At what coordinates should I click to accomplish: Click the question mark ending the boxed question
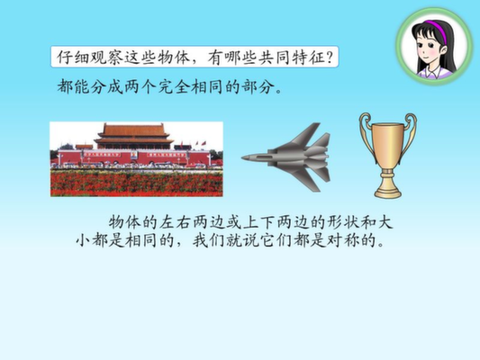click(x=330, y=58)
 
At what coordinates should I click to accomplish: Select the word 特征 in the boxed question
click(x=308, y=58)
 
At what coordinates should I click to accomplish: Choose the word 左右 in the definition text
click(x=176, y=222)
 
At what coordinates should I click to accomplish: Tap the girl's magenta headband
click(x=436, y=29)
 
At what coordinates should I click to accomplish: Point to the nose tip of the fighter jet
click(x=242, y=157)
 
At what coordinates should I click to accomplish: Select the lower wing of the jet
click(x=303, y=179)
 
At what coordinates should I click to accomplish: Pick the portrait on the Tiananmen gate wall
click(x=134, y=155)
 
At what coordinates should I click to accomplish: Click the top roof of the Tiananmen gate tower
click(x=134, y=130)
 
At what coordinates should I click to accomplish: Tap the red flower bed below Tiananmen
click(x=137, y=183)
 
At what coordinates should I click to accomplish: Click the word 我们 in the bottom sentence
click(x=209, y=240)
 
